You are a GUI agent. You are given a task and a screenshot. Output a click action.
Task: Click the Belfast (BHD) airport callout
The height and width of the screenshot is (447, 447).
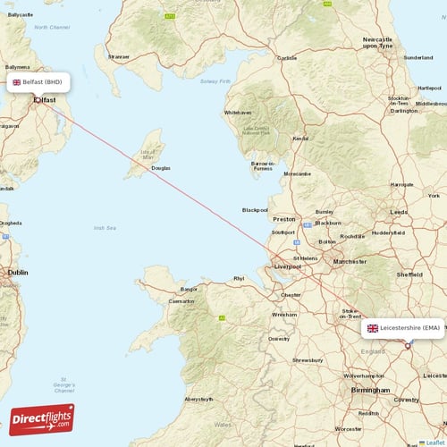37,81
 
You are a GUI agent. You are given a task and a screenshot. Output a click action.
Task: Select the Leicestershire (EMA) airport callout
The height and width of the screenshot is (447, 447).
402,328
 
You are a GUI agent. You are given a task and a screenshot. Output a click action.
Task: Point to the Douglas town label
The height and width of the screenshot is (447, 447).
160,168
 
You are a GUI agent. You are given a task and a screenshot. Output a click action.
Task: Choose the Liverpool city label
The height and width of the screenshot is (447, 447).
288,266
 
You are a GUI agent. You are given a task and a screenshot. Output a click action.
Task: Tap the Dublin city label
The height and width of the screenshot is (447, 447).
18,272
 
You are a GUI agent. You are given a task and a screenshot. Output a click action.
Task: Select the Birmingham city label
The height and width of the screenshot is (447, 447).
370,391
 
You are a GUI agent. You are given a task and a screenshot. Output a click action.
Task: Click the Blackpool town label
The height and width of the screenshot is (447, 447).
255,210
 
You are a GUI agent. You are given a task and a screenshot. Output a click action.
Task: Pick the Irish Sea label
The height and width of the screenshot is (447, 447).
105,228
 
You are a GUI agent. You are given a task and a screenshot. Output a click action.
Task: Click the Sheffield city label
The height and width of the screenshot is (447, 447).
409,274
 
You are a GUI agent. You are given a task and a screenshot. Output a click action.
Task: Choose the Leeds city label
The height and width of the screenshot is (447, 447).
399,211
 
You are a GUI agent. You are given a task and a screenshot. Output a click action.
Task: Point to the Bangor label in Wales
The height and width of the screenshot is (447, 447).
189,289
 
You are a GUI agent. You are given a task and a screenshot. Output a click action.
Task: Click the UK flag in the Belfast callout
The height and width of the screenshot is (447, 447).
16,81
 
